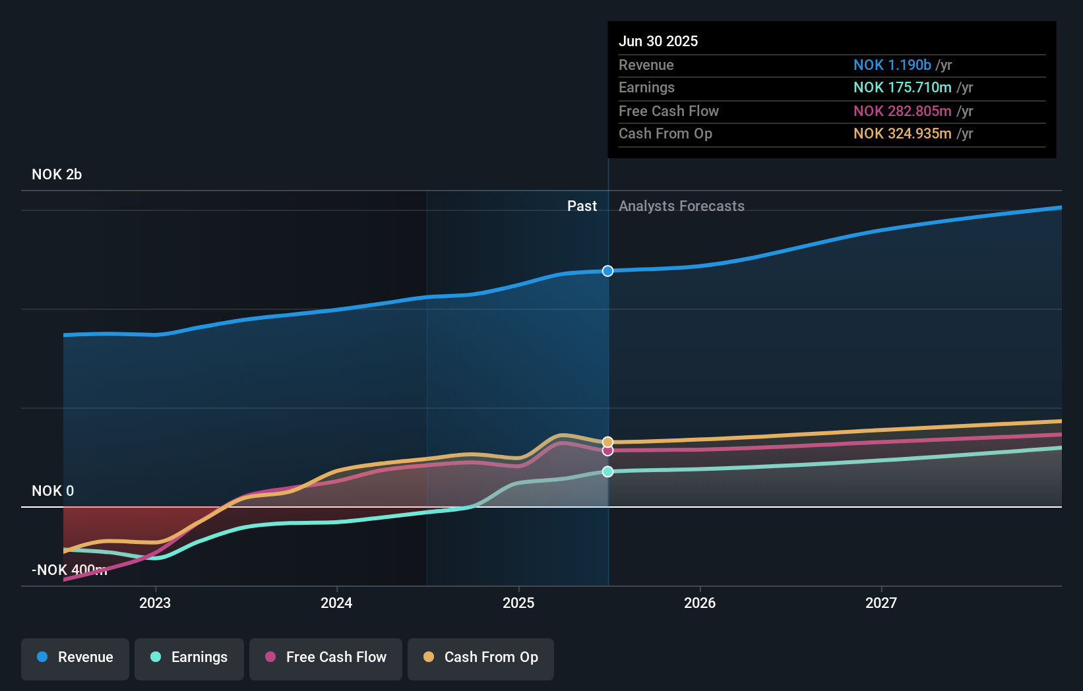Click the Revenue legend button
[75, 657]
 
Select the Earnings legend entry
[189, 657]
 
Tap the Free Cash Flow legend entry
[326, 657]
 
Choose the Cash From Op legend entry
[481, 657]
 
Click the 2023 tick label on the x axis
[155, 603]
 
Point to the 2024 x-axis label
[336, 603]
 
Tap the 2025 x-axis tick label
[518, 603]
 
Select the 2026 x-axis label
[700, 603]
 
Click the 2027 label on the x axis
[881, 603]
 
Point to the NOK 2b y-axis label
[57, 175]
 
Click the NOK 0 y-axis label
[53, 491]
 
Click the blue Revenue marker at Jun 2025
[607, 271]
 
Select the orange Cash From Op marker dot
[607, 442]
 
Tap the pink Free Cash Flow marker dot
[607, 450]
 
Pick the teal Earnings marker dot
[607, 471]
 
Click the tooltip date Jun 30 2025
[658, 42]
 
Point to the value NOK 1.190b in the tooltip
[892, 65]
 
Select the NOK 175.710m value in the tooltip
[902, 88]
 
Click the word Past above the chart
[582, 206]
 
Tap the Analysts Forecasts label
[681, 206]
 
